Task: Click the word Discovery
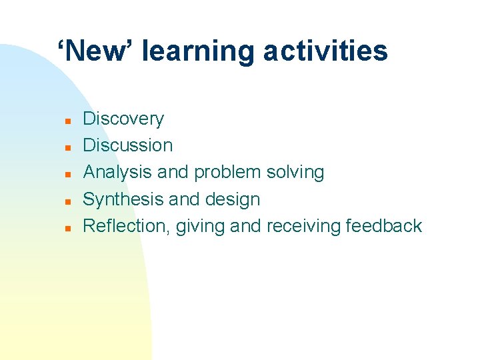click(x=123, y=119)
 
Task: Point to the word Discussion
click(x=127, y=145)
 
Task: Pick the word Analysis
click(x=117, y=173)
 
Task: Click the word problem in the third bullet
click(x=227, y=173)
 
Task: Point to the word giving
click(x=202, y=227)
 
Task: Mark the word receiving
click(x=303, y=227)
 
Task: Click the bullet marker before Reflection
click(x=68, y=228)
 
